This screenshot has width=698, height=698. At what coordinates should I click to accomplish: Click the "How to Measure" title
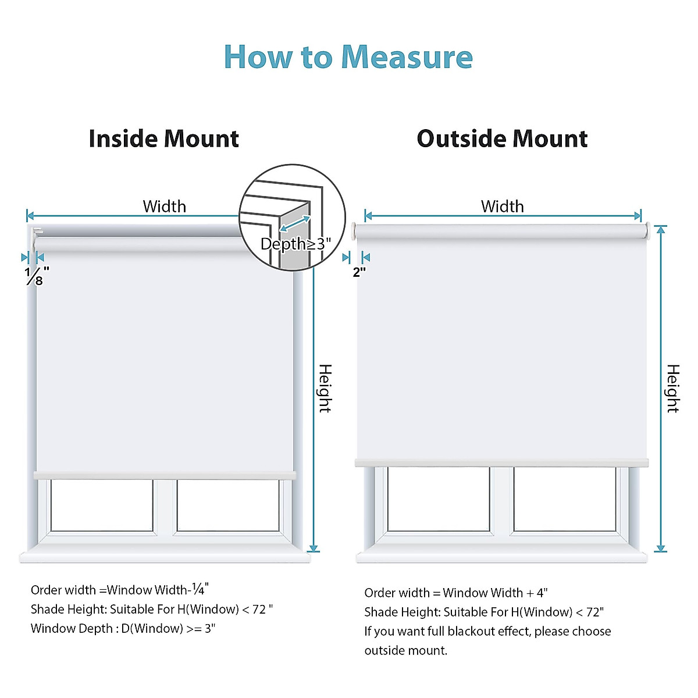coord(348,57)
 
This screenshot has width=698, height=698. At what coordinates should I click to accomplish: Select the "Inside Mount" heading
coord(163,139)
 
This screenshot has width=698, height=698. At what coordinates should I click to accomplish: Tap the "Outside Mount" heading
coord(502,139)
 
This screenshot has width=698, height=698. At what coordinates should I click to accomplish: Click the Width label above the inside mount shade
coord(165,206)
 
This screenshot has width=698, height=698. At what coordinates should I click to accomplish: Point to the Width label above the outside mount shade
coord(502,206)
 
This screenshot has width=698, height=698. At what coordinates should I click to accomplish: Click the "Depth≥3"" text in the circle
coord(295,244)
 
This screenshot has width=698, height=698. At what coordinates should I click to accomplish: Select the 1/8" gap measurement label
coord(36,276)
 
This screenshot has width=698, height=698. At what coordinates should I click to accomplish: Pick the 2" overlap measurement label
coord(359,272)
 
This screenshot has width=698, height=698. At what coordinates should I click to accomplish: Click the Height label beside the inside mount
coord(325,389)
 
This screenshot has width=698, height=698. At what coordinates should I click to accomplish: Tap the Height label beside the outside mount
coord(672,389)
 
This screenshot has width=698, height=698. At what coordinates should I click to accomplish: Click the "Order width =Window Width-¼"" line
coord(120,590)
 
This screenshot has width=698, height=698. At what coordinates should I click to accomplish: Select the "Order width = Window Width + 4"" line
coord(456,593)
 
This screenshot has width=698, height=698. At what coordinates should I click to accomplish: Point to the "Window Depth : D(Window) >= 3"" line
coord(123,628)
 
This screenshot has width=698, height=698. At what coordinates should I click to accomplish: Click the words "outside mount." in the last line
coord(406,650)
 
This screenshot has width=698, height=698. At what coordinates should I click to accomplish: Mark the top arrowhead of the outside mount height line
coord(660,229)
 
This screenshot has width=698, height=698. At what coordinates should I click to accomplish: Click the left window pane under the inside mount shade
coord(102,505)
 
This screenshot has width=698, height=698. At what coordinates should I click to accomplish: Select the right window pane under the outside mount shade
coord(564,499)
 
